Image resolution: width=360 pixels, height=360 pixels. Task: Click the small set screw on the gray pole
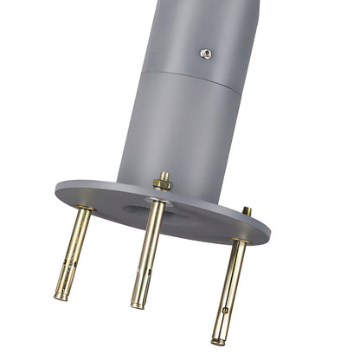click(206, 53)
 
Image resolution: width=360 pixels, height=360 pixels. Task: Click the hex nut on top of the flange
click(161, 183)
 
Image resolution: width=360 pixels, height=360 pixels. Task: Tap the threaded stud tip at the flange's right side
click(247, 210)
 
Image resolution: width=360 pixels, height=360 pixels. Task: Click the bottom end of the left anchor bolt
click(60, 297)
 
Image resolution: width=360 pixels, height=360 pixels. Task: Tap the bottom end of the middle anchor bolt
click(138, 305)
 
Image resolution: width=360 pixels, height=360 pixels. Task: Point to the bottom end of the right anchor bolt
click(218, 340)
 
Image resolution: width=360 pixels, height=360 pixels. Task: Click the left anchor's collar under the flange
click(84, 211)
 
